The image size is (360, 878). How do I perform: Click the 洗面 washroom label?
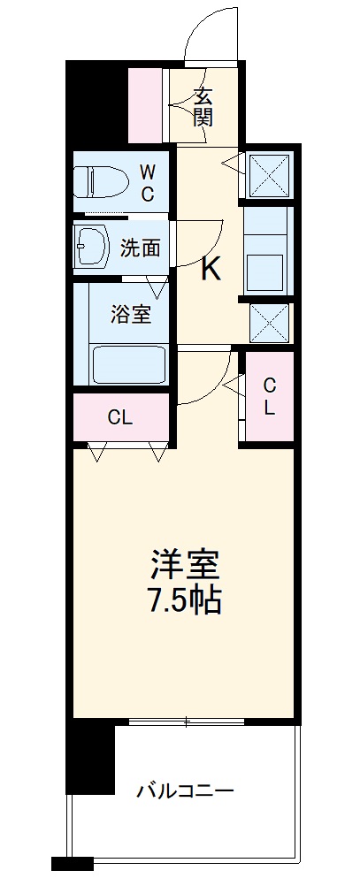coord(140,248)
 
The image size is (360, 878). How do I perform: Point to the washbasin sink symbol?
coord(91,247)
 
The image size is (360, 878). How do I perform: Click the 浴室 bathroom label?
coord(130,315)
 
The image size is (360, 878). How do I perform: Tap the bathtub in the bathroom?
coord(128,363)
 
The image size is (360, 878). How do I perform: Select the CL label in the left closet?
coord(119,417)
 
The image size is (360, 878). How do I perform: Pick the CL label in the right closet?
coord(270,395)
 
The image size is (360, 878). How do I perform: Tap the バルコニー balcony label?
coord(185,790)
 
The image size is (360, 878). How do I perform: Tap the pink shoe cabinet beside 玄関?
coord(147,104)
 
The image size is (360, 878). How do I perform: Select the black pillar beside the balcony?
coord(92,756)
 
